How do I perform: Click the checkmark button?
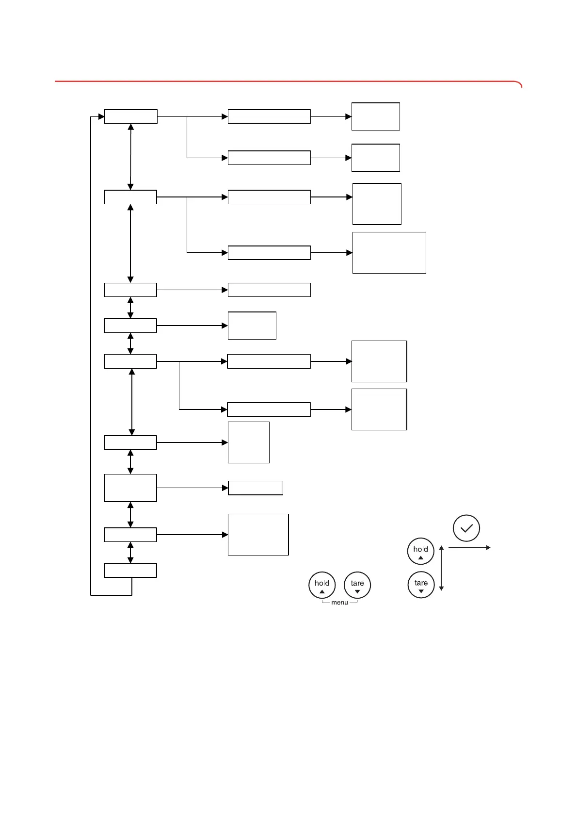[x=466, y=528]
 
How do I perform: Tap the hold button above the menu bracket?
[x=322, y=585]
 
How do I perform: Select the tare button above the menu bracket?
[x=357, y=585]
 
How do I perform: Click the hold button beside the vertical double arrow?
[x=420, y=551]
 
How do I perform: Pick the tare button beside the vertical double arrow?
[x=421, y=585]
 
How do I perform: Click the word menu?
[x=339, y=603]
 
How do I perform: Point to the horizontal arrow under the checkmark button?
[x=469, y=548]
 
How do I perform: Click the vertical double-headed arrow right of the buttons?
[x=441, y=568]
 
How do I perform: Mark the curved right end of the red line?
[x=520, y=84]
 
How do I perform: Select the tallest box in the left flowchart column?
[x=130, y=488]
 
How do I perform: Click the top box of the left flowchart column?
[x=130, y=116]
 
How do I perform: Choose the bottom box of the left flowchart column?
[x=130, y=571]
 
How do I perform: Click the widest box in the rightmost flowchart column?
[x=389, y=253]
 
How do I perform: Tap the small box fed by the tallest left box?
[x=256, y=488]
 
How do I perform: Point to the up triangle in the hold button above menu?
[x=322, y=592]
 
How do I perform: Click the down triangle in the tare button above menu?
[x=357, y=592]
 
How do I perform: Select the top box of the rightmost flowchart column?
[x=376, y=116]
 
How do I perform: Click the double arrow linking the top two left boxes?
[x=130, y=157]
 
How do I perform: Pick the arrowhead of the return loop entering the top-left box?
[x=101, y=116]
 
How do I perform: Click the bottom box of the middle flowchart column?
[x=258, y=535]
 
